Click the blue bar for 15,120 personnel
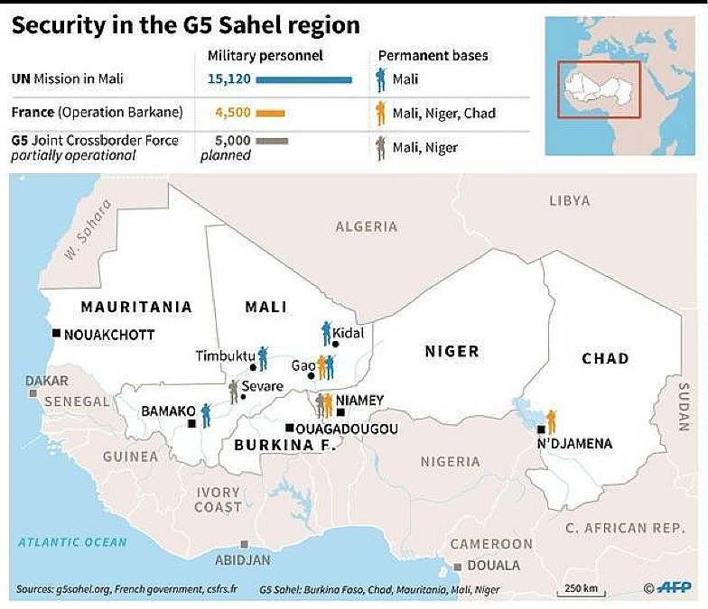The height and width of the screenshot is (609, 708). [x=303, y=79]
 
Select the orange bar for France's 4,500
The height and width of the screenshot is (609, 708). [x=270, y=114]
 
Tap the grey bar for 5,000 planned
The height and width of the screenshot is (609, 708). [x=272, y=141]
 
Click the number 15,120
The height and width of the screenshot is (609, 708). [x=229, y=79]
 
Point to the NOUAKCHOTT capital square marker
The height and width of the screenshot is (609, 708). [x=56, y=334]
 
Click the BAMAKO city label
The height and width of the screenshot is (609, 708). [x=163, y=411]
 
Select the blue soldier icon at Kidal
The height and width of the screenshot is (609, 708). [x=327, y=334]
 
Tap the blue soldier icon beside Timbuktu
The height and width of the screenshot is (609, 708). [x=263, y=358]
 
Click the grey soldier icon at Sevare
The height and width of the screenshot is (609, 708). [x=234, y=391]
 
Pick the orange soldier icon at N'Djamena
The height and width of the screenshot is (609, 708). [x=551, y=420]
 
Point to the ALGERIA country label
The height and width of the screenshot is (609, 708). [x=367, y=226]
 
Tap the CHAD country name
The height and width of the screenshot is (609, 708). [x=604, y=358]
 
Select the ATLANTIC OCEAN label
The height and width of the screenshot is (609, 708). [x=72, y=542]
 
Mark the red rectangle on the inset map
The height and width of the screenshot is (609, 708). [x=599, y=89]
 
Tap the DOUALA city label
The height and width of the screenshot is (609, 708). [x=494, y=566]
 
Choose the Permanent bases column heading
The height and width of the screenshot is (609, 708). [x=433, y=56]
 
